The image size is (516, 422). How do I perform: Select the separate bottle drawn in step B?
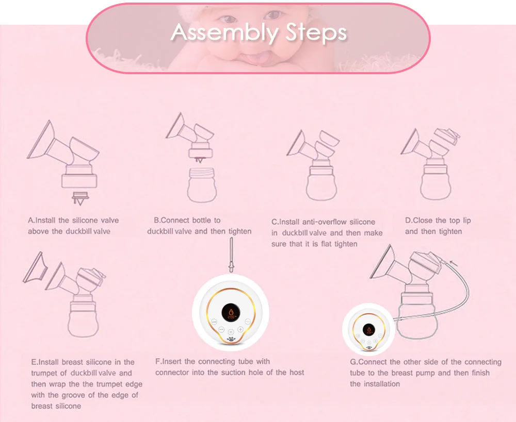click(x=202, y=185)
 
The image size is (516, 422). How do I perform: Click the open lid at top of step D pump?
click(x=447, y=136)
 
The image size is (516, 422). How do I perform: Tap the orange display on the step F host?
click(x=231, y=313)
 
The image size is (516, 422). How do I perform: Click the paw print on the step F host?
click(x=232, y=339)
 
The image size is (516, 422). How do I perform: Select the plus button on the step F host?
click(x=240, y=329)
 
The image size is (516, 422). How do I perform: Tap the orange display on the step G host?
click(x=368, y=330)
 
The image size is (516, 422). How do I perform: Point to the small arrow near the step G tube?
click(x=454, y=263)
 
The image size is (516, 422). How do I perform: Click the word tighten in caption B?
click(x=240, y=231)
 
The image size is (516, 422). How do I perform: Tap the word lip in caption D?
click(x=466, y=221)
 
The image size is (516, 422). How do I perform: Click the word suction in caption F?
click(x=233, y=373)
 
